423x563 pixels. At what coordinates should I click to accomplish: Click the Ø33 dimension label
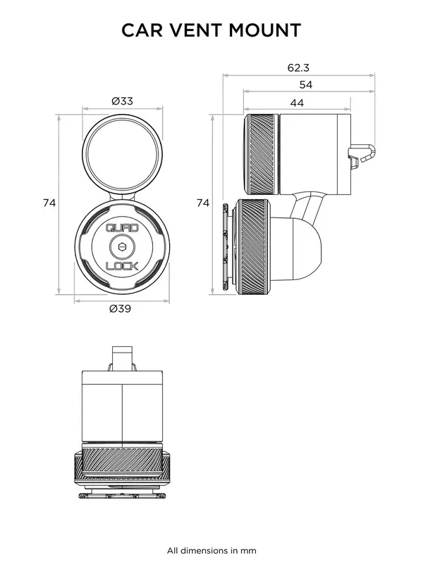(122, 101)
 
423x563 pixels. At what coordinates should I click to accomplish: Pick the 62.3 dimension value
(298, 68)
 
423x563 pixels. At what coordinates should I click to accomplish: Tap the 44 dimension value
(297, 103)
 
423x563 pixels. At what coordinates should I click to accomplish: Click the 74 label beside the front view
(49, 203)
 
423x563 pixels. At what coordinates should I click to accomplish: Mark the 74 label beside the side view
(203, 203)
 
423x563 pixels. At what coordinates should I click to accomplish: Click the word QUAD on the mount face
(122, 228)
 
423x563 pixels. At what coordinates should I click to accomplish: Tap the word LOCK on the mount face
(122, 266)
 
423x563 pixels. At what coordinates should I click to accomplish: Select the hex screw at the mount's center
(122, 247)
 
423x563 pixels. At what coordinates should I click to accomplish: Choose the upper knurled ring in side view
(261, 155)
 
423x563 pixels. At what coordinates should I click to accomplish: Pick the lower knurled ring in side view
(252, 246)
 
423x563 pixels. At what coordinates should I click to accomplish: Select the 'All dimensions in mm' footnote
(211, 550)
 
